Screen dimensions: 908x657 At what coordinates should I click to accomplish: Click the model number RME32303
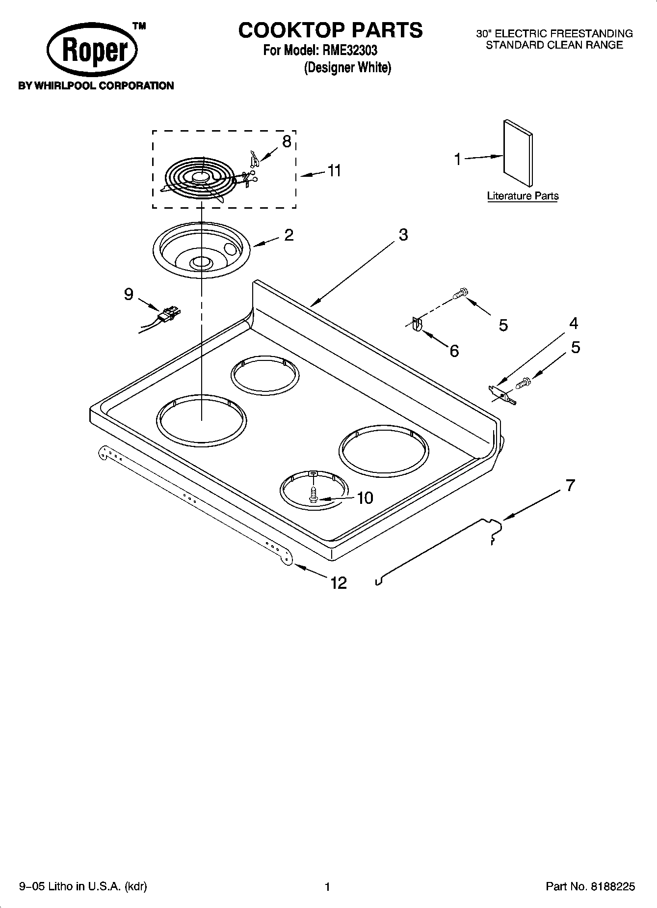[349, 50]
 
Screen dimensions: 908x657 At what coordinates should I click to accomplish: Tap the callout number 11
[334, 171]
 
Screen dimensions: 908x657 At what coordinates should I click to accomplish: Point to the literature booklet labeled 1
[518, 153]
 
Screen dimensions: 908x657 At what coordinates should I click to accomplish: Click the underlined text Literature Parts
[523, 196]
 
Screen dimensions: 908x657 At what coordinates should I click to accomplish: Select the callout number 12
[339, 583]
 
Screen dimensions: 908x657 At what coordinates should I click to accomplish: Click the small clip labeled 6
[416, 325]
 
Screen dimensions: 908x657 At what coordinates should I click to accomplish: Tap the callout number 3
[403, 235]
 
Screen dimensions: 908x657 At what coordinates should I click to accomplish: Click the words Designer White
[347, 68]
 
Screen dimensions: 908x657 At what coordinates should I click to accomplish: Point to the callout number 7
[569, 486]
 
